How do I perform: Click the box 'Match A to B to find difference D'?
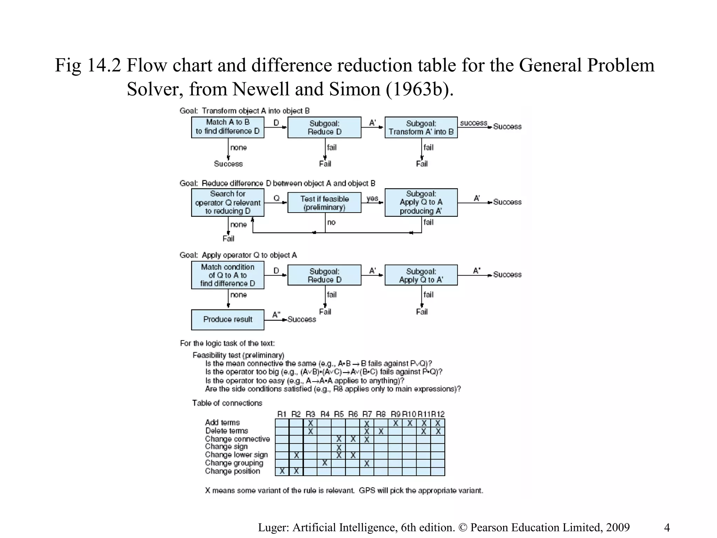pyautogui.click(x=228, y=127)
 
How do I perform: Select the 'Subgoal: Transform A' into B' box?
pyautogui.click(x=421, y=127)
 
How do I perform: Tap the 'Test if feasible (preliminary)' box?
pyautogui.click(x=324, y=203)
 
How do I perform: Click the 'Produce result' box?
pyautogui.click(x=228, y=319)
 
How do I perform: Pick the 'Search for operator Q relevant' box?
pyautogui.click(x=228, y=202)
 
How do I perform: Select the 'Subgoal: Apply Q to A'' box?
pyautogui.click(x=421, y=275)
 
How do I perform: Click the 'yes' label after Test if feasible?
pyautogui.click(x=372, y=199)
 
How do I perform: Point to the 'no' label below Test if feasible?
pyautogui.click(x=331, y=222)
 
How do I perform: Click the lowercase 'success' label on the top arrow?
pyautogui.click(x=473, y=123)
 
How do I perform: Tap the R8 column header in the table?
pyautogui.click(x=381, y=414)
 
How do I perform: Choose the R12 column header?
pyautogui.click(x=438, y=414)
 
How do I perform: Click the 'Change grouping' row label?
pyautogui.click(x=234, y=463)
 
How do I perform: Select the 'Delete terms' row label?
pyautogui.click(x=227, y=431)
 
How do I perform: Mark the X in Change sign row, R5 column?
pyautogui.click(x=339, y=448)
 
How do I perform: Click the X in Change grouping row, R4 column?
pyautogui.click(x=325, y=463)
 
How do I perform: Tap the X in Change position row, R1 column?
pyautogui.click(x=282, y=471)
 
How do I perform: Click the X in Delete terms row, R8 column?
pyautogui.click(x=381, y=432)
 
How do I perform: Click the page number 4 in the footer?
pyautogui.click(x=667, y=527)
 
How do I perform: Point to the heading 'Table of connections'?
pyautogui.click(x=227, y=403)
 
